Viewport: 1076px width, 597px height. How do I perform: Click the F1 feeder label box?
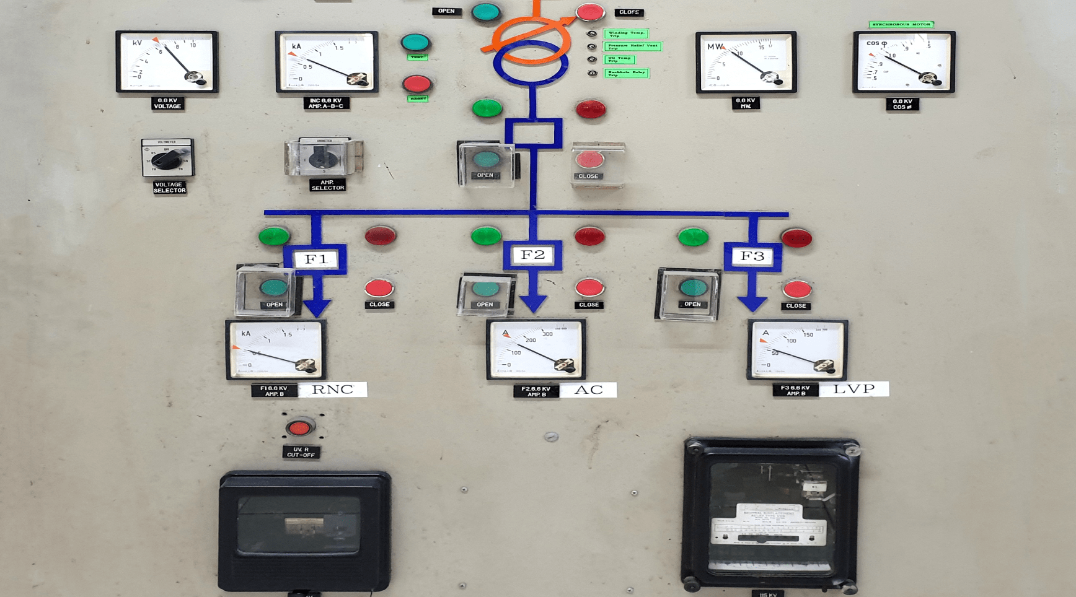click(315, 258)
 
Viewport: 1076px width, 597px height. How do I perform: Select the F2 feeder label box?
click(532, 255)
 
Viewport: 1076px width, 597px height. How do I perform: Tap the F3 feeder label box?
click(752, 256)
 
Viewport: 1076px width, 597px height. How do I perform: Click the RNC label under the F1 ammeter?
click(332, 389)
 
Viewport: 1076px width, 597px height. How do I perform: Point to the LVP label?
click(853, 389)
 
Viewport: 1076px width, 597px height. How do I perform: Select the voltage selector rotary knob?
click(167, 159)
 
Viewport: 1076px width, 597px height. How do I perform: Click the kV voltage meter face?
click(167, 62)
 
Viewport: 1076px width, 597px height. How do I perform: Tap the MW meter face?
click(746, 62)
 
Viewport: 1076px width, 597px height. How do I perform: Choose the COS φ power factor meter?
click(903, 62)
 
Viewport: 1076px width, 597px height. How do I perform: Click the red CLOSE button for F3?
click(796, 289)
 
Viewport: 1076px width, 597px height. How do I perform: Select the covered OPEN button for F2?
click(485, 290)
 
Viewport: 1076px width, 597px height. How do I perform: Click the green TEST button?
click(415, 43)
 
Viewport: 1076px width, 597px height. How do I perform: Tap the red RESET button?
click(417, 84)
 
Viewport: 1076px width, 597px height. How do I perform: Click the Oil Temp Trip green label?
click(619, 59)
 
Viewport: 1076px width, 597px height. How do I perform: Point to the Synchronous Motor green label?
click(901, 25)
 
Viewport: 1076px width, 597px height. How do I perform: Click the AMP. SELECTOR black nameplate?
click(327, 185)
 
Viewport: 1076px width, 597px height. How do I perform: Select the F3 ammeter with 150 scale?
click(797, 349)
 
